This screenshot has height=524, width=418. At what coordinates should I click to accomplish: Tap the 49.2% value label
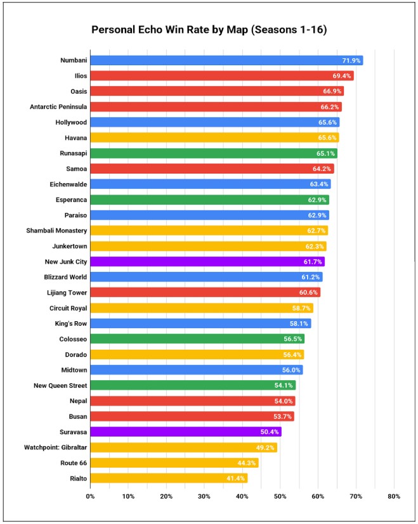[265, 447]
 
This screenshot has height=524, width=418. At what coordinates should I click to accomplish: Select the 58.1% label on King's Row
[299, 323]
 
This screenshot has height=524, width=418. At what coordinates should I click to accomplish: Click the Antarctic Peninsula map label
[58, 106]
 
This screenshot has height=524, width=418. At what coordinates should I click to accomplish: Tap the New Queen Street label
[60, 385]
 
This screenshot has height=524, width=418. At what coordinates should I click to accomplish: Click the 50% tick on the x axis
[280, 496]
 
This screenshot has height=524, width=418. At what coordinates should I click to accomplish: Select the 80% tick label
[393, 496]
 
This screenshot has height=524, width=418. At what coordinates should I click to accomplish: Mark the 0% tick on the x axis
[90, 496]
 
